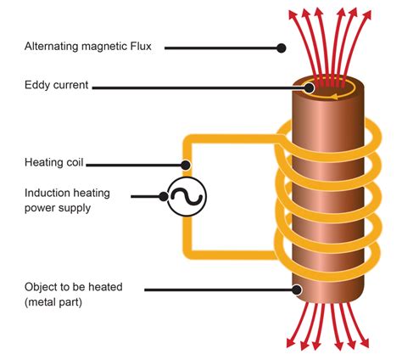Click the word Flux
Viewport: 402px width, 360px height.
(137, 48)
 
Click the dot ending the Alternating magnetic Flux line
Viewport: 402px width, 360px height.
(282, 48)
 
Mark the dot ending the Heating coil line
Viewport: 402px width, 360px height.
(186, 164)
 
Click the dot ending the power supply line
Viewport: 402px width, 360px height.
(164, 196)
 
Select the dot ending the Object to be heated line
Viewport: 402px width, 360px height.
(298, 290)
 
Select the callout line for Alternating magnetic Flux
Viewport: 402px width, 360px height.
(221, 48)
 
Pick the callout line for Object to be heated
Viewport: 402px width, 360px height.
(221, 290)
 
